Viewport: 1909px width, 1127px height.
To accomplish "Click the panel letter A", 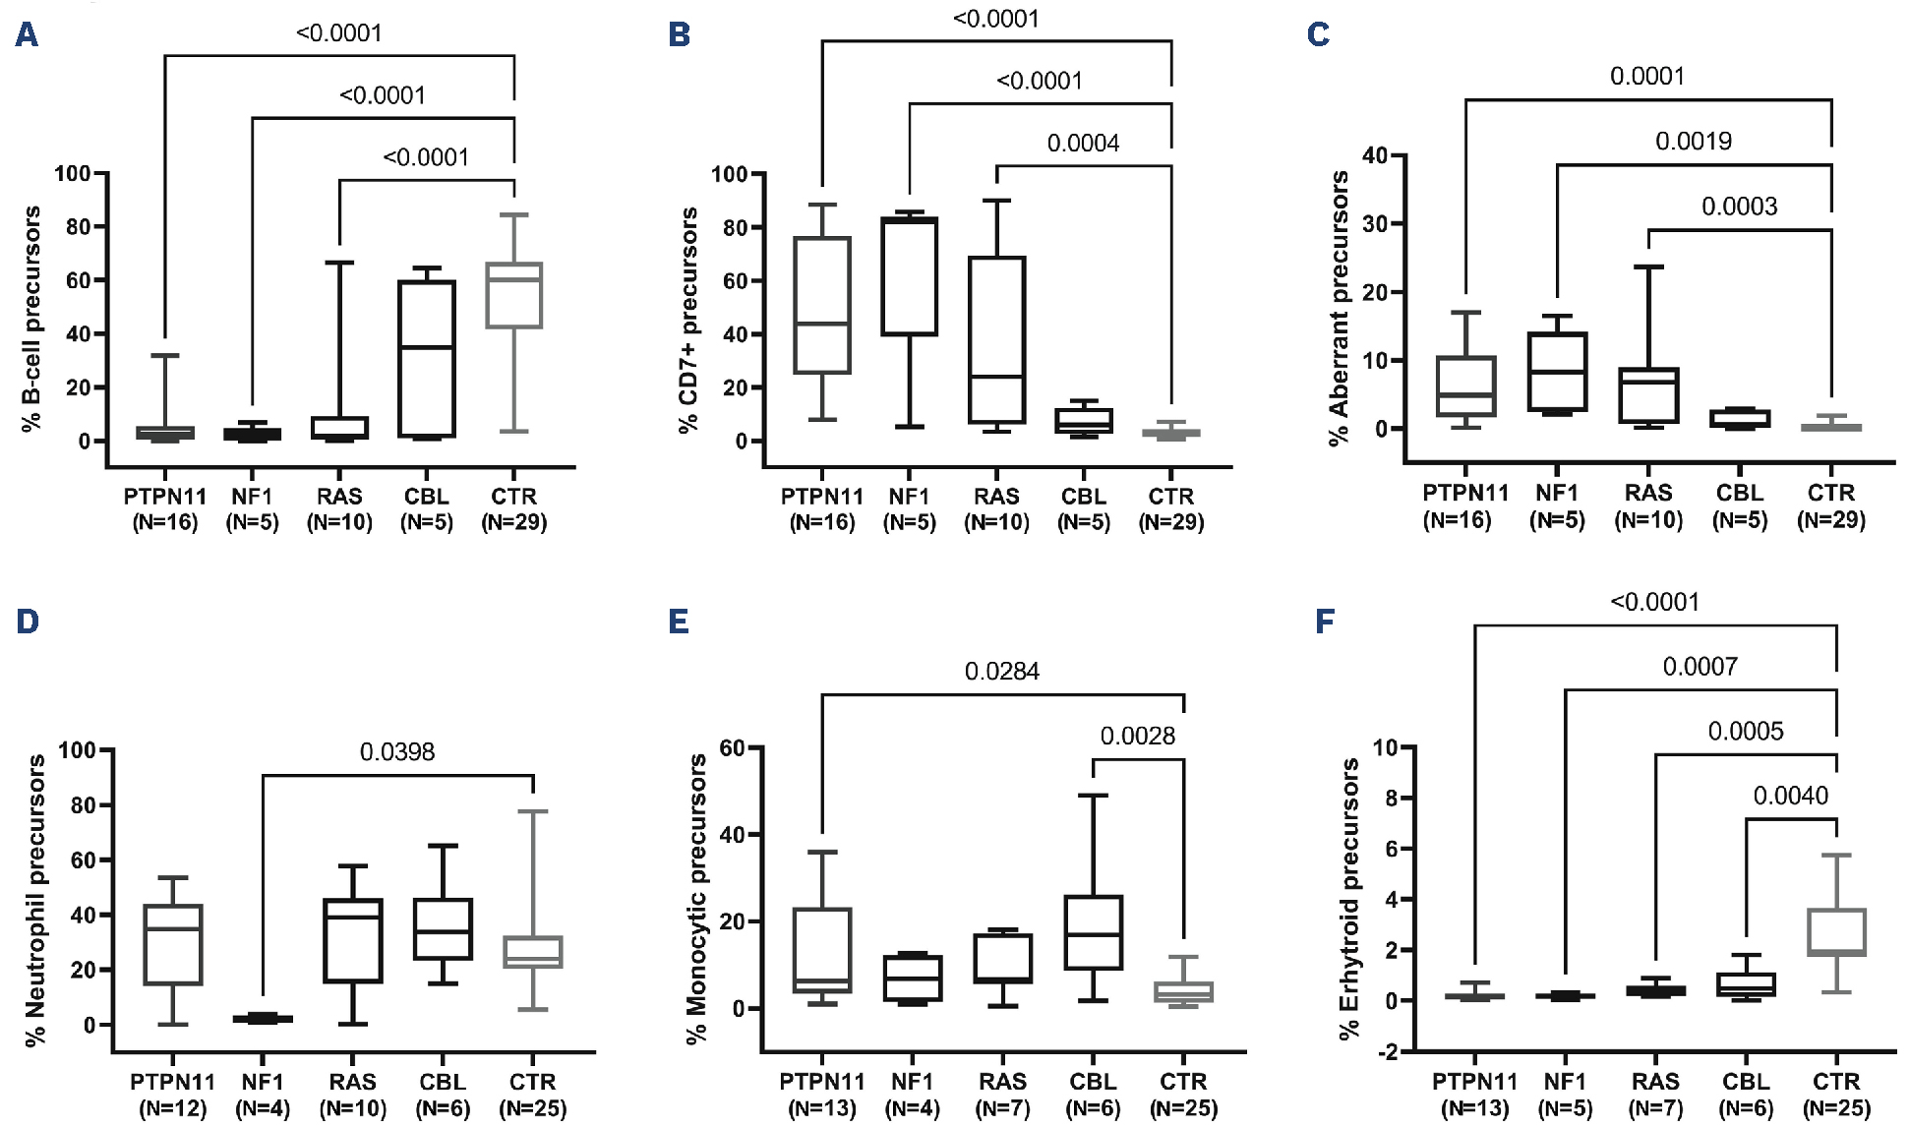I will [x=27, y=35].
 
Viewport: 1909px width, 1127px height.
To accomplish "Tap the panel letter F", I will [x=1325, y=622].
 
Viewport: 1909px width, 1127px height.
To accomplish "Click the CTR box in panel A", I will [x=514, y=295].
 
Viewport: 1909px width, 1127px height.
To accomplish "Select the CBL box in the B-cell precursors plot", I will [x=427, y=358].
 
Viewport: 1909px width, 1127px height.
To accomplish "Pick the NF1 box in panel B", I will [x=909, y=276].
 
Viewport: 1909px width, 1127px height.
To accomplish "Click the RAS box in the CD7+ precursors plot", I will [x=996, y=339].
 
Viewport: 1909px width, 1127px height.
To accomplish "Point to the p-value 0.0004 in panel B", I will [x=1083, y=144].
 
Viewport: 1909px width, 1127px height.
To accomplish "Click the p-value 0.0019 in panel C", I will [x=1693, y=142].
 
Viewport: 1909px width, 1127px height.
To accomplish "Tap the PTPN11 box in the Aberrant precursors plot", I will [x=1465, y=386].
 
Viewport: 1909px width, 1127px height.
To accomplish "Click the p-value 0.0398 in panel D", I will [x=396, y=752].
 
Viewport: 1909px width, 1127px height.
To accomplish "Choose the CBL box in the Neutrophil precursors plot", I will [x=443, y=928].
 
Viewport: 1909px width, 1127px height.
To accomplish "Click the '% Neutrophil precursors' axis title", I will [x=35, y=900].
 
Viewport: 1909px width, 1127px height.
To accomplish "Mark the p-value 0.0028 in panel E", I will [x=1137, y=737].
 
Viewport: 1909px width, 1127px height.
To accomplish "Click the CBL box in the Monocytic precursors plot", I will [x=1093, y=932].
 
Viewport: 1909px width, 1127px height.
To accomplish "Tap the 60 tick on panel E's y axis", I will [x=732, y=747].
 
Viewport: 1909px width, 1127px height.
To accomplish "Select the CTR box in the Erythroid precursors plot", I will [x=1836, y=932].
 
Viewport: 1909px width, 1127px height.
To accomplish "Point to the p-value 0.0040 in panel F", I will [x=1790, y=796].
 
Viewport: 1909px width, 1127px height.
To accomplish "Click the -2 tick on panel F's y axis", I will [x=1387, y=1051].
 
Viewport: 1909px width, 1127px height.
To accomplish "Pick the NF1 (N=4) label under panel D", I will [x=263, y=1095].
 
